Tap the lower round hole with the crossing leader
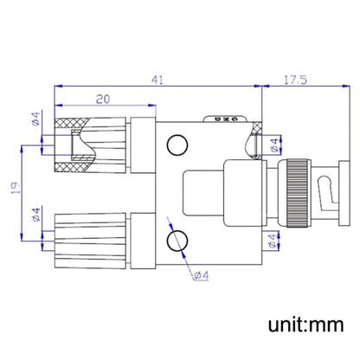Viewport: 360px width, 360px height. click(x=177, y=239)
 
